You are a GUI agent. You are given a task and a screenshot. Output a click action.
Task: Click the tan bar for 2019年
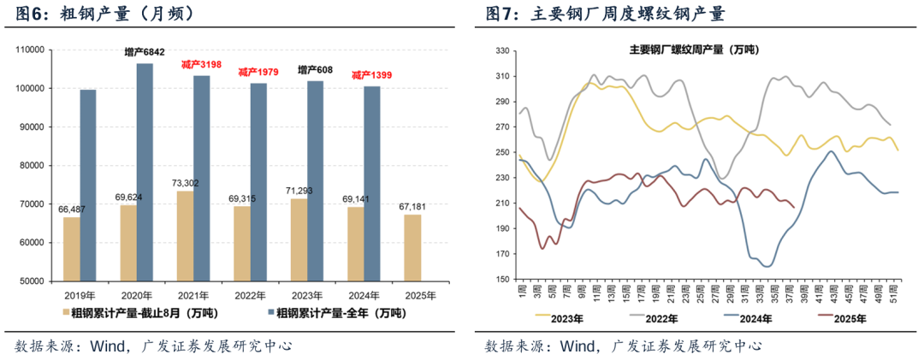[72, 249]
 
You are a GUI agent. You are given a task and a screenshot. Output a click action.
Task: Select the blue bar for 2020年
[145, 172]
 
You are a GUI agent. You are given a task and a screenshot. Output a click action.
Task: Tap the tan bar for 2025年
[412, 247]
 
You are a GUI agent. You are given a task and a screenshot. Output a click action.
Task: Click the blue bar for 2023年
[315, 180]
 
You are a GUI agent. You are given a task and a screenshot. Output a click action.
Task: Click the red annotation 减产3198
[202, 65]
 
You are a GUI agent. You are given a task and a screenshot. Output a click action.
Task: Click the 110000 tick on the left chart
[31, 50]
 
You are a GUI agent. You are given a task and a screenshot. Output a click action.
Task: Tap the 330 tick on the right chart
[502, 51]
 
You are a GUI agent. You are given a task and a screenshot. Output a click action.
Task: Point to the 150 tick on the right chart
[502, 280]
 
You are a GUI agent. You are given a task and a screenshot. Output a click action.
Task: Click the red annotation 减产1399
[371, 75]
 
